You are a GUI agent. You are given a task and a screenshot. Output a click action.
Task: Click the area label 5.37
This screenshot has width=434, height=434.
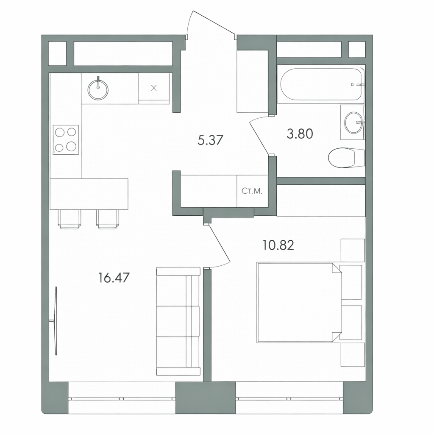(x=210, y=140)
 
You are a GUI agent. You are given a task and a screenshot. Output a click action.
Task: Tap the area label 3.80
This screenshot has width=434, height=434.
(x=300, y=134)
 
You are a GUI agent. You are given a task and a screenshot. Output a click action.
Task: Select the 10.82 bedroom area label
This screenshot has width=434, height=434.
(x=278, y=245)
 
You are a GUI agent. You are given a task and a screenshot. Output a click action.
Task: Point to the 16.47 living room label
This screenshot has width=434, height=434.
(x=114, y=278)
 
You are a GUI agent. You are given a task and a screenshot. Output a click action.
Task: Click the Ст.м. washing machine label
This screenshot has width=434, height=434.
(x=252, y=191)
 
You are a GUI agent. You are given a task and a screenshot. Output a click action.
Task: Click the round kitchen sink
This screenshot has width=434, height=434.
(x=98, y=89)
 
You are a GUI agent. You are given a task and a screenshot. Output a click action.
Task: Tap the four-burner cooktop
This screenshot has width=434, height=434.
(x=66, y=140)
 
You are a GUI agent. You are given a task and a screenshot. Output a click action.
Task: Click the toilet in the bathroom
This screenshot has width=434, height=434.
(x=346, y=158)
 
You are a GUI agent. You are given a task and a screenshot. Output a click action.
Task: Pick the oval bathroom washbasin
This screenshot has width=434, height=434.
(x=353, y=122)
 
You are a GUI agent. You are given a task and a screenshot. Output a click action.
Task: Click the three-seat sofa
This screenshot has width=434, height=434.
(x=178, y=321)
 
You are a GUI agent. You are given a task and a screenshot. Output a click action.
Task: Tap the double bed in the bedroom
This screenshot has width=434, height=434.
(x=299, y=303)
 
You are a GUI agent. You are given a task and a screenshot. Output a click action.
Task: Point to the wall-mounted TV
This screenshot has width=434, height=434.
(x=56, y=321)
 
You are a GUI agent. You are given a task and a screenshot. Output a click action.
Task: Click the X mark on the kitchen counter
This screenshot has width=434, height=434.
(x=154, y=88)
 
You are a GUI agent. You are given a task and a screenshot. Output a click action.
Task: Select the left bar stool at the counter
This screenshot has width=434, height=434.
(x=70, y=219)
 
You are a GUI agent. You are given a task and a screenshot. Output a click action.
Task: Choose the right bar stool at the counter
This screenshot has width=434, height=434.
(x=108, y=219)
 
